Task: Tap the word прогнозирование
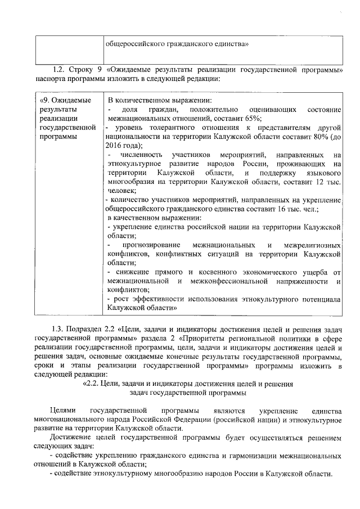pyautogui.click(x=151, y=246)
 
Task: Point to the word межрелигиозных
pyautogui.click(x=312, y=246)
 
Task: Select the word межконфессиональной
pyautogui.click(x=231, y=281)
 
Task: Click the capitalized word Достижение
pyautogui.click(x=70, y=438)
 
